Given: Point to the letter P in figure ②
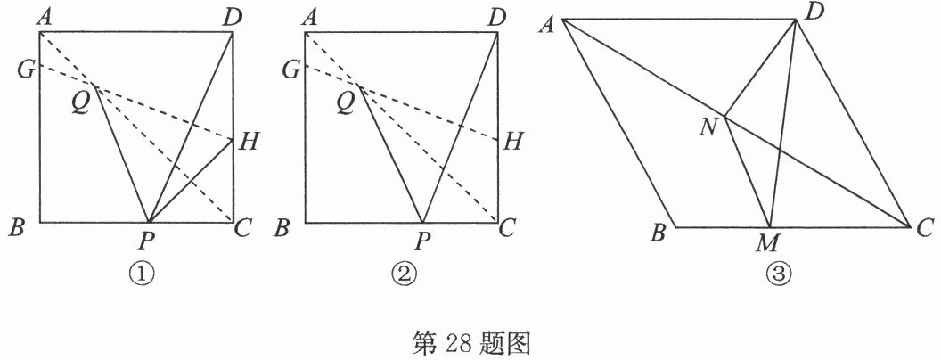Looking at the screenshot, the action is point(421,240).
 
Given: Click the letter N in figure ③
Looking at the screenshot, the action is point(709,127).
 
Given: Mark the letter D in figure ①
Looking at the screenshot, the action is point(233,16).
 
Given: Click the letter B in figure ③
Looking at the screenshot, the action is point(660,234).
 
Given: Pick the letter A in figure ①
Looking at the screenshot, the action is point(41,16).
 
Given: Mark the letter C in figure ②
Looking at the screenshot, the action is point(508,228).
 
